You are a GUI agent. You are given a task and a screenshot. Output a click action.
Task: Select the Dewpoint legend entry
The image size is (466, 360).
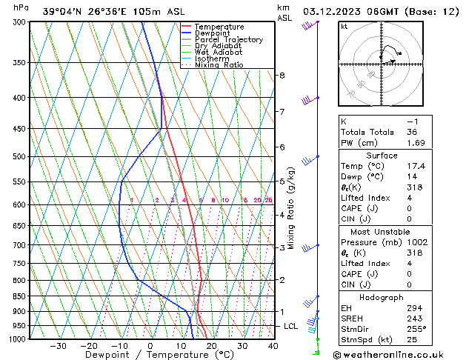[x=216, y=33]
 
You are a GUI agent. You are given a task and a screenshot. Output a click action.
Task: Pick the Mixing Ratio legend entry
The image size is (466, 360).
[x=219, y=65]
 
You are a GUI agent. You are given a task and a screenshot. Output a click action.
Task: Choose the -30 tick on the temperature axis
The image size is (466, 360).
[x=58, y=346]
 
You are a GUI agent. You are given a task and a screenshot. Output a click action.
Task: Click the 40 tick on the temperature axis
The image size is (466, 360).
[x=273, y=346]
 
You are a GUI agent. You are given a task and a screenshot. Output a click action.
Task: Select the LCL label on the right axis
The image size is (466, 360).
[x=290, y=326]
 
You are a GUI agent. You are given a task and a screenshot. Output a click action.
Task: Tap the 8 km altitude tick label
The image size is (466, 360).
[x=282, y=76]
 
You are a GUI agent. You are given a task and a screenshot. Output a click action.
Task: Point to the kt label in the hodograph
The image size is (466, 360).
[x=344, y=27]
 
